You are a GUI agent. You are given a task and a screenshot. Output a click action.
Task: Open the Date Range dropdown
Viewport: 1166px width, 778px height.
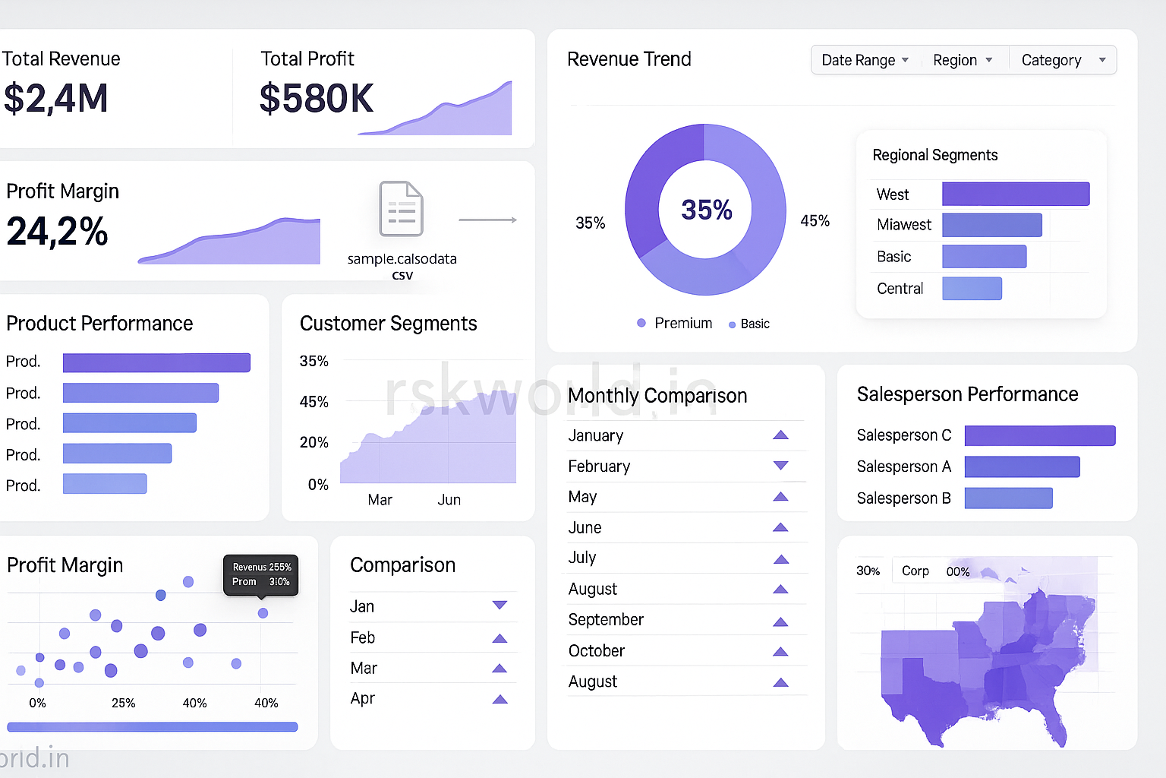point(865,60)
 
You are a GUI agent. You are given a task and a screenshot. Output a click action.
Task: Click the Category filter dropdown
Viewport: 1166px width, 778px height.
point(1062,60)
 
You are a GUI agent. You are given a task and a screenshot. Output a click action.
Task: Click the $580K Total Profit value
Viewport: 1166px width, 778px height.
point(317,99)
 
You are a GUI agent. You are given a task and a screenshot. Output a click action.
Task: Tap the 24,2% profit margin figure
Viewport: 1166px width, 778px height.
point(58,232)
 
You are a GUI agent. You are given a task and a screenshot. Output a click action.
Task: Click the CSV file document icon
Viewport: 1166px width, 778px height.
point(402,209)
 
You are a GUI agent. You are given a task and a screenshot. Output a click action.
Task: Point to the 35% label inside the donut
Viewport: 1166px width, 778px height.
point(706,210)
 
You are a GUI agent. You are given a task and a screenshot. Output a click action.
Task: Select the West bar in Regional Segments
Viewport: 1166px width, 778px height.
point(1015,194)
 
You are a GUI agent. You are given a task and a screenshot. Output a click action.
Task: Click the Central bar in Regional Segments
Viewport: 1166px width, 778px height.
point(972,289)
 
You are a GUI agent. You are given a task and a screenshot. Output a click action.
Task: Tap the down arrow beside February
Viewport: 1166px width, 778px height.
point(780,466)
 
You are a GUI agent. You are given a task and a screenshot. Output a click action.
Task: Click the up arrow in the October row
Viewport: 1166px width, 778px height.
point(780,651)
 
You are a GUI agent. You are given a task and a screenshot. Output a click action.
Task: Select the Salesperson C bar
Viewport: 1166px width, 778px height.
point(1039,435)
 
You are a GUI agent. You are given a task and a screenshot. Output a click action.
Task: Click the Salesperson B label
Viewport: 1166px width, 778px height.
point(903,498)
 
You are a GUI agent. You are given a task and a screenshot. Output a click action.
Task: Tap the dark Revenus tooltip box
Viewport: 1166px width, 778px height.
point(260,574)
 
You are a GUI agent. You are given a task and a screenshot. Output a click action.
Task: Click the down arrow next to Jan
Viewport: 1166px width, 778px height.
point(499,606)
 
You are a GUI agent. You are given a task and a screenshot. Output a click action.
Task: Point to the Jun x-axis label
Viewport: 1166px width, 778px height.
point(449,500)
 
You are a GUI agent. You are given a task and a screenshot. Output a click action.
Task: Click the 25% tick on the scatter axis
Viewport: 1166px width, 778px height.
point(123,703)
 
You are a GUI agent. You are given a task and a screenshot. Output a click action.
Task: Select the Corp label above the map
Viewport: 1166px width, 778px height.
point(915,571)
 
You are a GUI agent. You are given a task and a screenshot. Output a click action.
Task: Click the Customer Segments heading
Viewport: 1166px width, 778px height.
point(388,324)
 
